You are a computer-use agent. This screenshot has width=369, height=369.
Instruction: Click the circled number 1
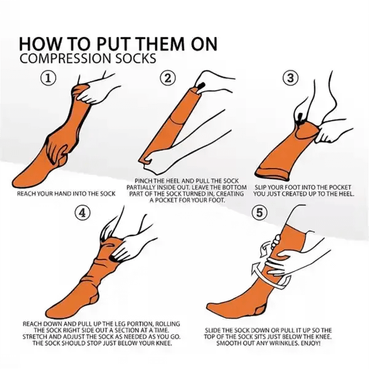click(48, 78)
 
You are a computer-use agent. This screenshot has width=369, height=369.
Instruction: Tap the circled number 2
click(168, 78)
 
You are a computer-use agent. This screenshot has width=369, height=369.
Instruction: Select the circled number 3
click(291, 77)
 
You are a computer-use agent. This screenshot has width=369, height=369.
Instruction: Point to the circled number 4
click(82, 213)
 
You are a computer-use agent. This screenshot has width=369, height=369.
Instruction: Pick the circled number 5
click(259, 213)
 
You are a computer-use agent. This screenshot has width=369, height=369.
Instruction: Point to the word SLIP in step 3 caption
click(260, 188)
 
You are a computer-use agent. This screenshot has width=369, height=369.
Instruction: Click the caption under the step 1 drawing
click(66, 194)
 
